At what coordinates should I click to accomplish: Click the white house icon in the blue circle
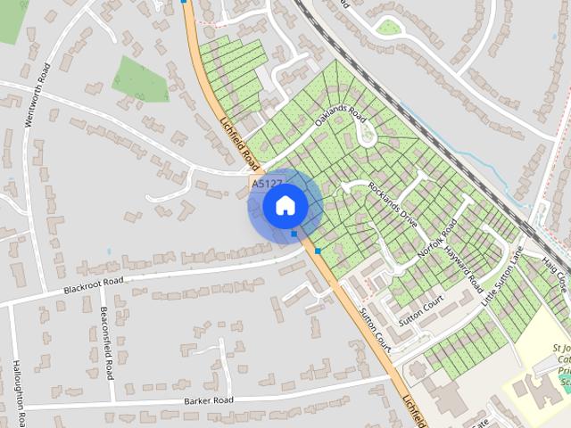click(x=285, y=206)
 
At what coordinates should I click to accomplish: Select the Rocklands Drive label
click(x=393, y=205)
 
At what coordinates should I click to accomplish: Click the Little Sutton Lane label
click(x=503, y=277)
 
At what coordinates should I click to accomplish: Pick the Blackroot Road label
click(x=93, y=285)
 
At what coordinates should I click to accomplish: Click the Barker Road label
click(x=209, y=400)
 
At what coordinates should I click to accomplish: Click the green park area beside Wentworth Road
click(x=140, y=78)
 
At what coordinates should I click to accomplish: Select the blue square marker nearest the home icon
click(x=294, y=234)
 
